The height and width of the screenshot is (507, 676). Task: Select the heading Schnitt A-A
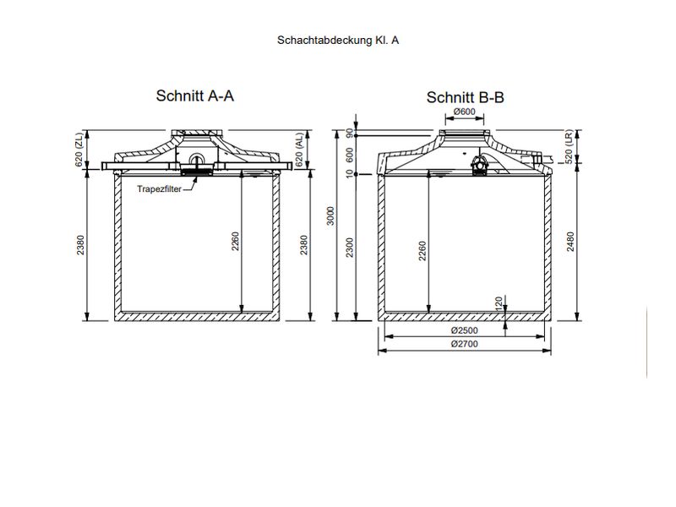pyautogui.click(x=194, y=95)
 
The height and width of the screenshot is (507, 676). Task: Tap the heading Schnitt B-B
pyautogui.click(x=465, y=97)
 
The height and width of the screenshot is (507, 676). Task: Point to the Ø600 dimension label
pyautogui.click(x=464, y=112)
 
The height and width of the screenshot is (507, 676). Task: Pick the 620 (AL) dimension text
pyautogui.click(x=299, y=150)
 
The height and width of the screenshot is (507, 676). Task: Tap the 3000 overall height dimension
pyautogui.click(x=331, y=216)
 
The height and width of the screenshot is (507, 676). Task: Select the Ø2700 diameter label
pyautogui.click(x=466, y=345)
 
